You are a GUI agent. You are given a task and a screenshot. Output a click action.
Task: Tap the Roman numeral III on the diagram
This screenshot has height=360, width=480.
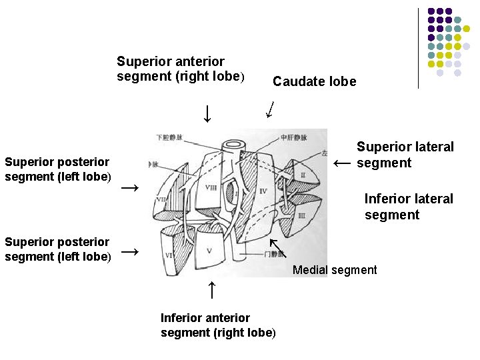pyautogui.click(x=301, y=216)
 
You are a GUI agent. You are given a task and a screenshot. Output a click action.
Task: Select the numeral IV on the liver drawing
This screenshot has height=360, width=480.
pyautogui.click(x=263, y=191)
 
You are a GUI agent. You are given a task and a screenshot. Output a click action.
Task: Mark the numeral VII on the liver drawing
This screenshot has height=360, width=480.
pyautogui.click(x=161, y=199)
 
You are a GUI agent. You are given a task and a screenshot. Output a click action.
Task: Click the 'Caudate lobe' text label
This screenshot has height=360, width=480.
pyautogui.click(x=314, y=82)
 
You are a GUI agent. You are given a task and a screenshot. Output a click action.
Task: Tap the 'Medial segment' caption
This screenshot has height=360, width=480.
pyautogui.click(x=335, y=270)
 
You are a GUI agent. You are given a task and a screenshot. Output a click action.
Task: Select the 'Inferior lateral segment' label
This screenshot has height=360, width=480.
pyautogui.click(x=408, y=207)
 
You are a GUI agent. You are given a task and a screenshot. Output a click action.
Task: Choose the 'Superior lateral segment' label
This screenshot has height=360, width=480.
pyautogui.click(x=405, y=155)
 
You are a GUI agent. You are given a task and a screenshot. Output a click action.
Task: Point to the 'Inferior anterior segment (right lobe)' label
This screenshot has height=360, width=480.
pyautogui.click(x=217, y=325)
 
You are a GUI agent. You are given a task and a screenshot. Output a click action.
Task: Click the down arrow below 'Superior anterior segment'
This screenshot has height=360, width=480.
pyautogui.click(x=207, y=113)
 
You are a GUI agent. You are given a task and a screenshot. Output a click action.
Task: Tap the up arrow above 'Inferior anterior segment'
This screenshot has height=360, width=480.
pyautogui.click(x=211, y=289)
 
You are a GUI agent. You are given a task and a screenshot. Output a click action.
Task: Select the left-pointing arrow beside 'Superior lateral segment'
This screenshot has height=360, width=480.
pyautogui.click(x=342, y=163)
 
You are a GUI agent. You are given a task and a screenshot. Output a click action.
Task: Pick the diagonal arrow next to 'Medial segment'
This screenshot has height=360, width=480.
pyautogui.click(x=277, y=247)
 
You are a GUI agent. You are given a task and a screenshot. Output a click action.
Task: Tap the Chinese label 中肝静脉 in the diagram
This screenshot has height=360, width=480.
pyautogui.click(x=293, y=138)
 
